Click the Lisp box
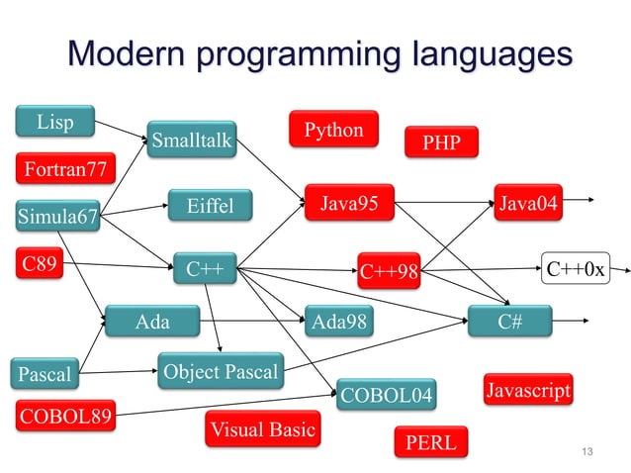pyautogui.click(x=55, y=123)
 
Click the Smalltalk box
pyautogui.click(x=192, y=141)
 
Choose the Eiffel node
pyautogui.click(x=210, y=206)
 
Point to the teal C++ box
pyautogui.click(x=205, y=268)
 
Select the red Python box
pyautogui.click(x=333, y=130)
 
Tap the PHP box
pyautogui.click(x=441, y=142)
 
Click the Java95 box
pyautogui.click(x=349, y=204)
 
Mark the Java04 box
pyautogui.click(x=527, y=204)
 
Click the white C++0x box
pyautogui.click(x=575, y=268)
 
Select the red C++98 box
pyautogui.click(x=389, y=271)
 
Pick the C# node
pyautogui.click(x=509, y=322)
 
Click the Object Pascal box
pyautogui.click(x=221, y=372)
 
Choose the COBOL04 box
pyautogui.click(x=386, y=395)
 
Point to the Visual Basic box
pyautogui.click(x=262, y=429)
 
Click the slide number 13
pyautogui.click(x=587, y=453)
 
